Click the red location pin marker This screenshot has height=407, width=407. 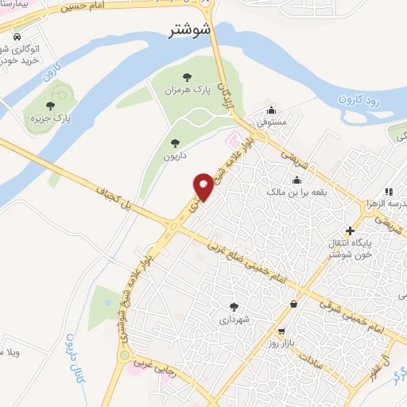coord(203,186)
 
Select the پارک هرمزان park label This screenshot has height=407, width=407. coord(188,91)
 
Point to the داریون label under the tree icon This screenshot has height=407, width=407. coord(174,156)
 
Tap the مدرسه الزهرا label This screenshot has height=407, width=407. coord(387,203)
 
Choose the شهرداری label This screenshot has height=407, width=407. coord(233,320)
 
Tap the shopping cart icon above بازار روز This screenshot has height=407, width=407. coord(281,331)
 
